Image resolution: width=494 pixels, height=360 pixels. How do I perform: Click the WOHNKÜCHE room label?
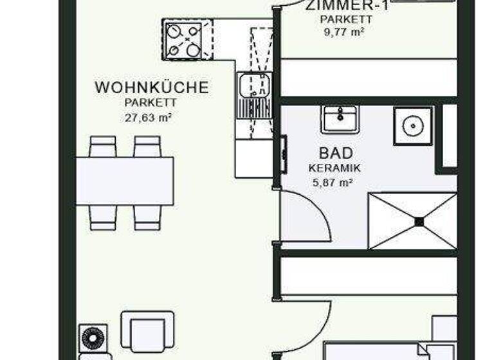pyautogui.click(x=152, y=87)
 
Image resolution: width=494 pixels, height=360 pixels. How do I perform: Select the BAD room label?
pyautogui.click(x=335, y=153)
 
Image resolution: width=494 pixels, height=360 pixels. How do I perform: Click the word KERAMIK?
pyautogui.click(x=334, y=168)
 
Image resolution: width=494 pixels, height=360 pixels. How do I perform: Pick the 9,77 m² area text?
pyautogui.click(x=345, y=30)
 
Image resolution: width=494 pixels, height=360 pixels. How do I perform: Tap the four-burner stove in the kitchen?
pyautogui.click(x=183, y=39)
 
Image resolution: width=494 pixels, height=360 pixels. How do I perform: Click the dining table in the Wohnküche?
pyautogui.click(x=125, y=181)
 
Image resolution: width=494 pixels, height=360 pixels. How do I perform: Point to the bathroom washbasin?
pyautogui.click(x=340, y=118)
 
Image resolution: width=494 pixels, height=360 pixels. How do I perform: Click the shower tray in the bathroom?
pyautogui.click(x=412, y=221)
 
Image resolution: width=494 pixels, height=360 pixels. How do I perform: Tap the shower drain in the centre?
pyautogui.click(x=419, y=221)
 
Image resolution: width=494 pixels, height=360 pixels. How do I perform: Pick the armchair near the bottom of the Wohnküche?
pyautogui.click(x=148, y=331)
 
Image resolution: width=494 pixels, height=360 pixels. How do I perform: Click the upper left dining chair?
pyautogui.click(x=103, y=147)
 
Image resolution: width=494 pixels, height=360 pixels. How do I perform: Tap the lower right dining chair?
pyautogui.click(x=147, y=217)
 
